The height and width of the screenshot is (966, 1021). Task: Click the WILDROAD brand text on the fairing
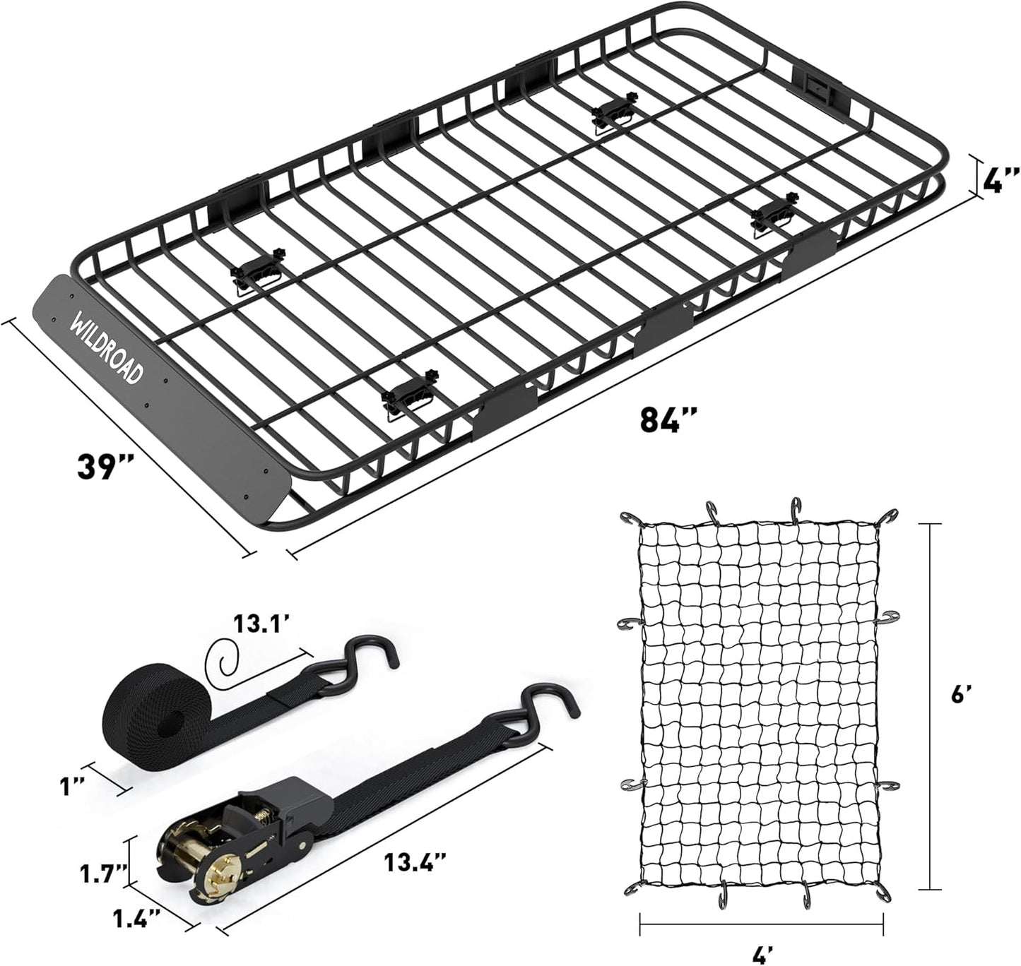[105, 351]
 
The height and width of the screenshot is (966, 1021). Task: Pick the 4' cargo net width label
[760, 955]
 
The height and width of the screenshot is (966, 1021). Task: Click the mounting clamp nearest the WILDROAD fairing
[259, 268]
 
